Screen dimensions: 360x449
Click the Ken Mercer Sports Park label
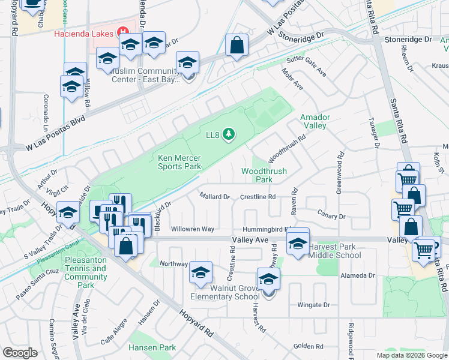[x=179, y=163]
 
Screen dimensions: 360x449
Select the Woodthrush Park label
[x=264, y=175]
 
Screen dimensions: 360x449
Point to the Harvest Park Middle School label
[x=334, y=251]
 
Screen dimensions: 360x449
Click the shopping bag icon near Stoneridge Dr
[x=237, y=44]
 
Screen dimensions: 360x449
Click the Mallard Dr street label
[x=215, y=196]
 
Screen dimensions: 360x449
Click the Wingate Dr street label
[x=314, y=305]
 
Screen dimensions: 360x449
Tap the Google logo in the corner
[x=20, y=353]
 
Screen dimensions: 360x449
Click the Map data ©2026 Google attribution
[x=411, y=355]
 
